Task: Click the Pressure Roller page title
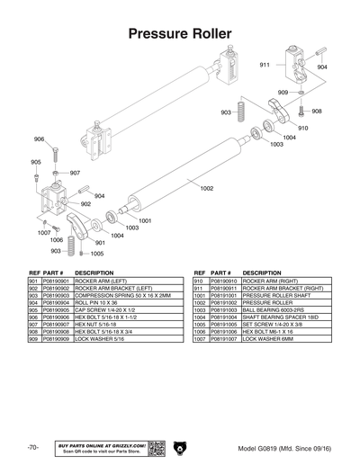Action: tap(180, 33)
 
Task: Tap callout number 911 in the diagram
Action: tap(265, 66)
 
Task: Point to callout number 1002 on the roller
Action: tap(206, 188)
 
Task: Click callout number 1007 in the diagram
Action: tap(43, 232)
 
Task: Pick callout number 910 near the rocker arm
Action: tap(302, 128)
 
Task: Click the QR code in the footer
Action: tap(156, 447)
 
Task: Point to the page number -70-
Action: tap(31, 447)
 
